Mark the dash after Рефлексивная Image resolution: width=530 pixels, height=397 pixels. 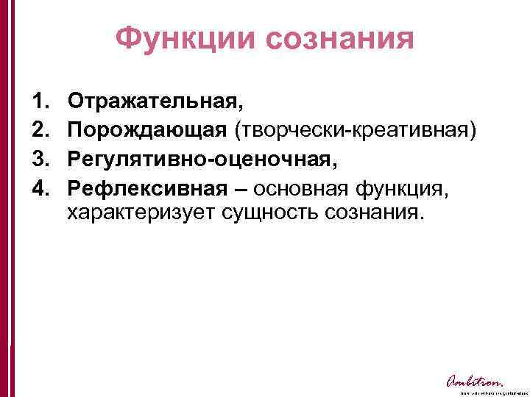point(239,188)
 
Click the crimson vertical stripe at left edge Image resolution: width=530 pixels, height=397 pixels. point(6,198)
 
